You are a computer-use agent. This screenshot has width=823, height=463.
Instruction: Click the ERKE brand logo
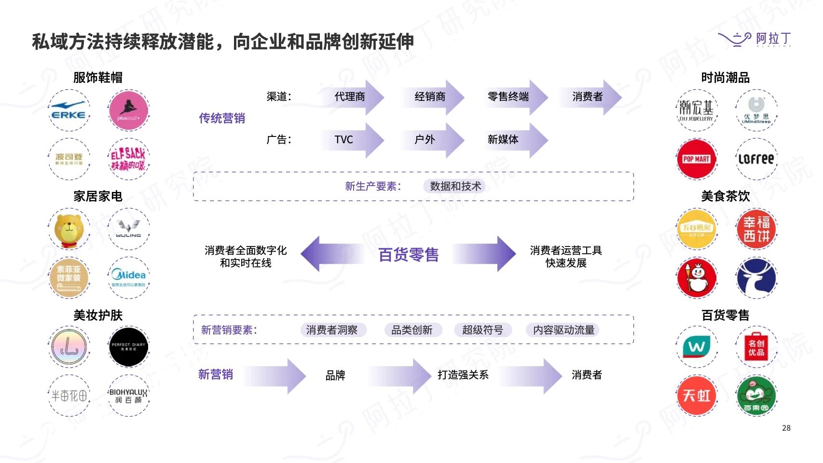click(x=69, y=110)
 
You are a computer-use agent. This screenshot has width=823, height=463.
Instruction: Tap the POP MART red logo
click(x=696, y=159)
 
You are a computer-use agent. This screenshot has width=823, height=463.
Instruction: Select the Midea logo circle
click(x=128, y=277)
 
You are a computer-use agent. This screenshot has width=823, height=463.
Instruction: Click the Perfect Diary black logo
click(x=128, y=346)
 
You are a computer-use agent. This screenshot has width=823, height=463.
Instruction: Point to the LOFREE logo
click(x=756, y=159)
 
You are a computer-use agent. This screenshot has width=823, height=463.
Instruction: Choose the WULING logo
click(x=128, y=229)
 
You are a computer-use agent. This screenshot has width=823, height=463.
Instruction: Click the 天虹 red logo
click(x=696, y=395)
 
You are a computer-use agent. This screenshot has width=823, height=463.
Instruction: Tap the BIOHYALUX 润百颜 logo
click(x=128, y=395)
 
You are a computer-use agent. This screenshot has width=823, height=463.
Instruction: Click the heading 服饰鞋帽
click(x=98, y=77)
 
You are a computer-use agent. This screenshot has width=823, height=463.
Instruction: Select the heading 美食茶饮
click(x=725, y=196)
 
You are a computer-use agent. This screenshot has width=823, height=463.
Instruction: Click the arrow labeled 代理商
click(x=350, y=97)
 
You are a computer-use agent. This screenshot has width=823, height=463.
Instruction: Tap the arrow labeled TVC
click(x=344, y=140)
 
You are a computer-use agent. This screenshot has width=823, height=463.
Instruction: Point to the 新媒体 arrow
click(x=504, y=140)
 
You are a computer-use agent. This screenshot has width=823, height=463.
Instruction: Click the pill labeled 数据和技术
click(x=455, y=186)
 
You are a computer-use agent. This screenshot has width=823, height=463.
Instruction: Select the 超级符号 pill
click(x=482, y=330)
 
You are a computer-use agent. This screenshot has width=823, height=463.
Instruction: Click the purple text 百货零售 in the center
click(x=408, y=254)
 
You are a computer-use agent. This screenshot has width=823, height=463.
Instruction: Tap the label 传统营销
click(x=222, y=118)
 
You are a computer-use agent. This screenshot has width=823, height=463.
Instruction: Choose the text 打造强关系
click(x=463, y=375)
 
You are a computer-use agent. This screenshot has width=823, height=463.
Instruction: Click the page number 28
click(x=786, y=428)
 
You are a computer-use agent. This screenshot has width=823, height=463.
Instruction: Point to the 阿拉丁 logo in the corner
click(x=755, y=39)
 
